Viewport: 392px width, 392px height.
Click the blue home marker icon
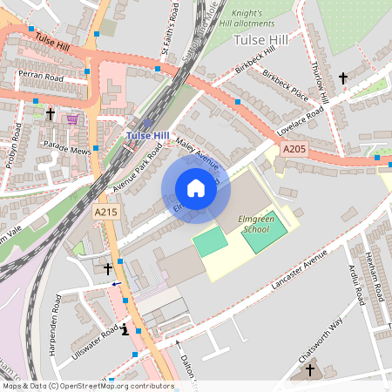coord(196,187)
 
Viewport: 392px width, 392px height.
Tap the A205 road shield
coord(295,150)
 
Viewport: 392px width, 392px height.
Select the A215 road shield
coord(105,212)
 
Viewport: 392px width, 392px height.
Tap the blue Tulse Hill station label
coord(147,135)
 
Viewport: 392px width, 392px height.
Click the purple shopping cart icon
coord(72,118)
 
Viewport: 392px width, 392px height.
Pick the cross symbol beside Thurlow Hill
coord(342,78)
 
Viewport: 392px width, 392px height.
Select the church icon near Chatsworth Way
coord(309,370)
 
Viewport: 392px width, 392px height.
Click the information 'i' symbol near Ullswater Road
coord(125,330)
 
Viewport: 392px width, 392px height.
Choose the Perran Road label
coord(42,78)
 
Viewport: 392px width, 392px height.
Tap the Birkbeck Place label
coord(285,87)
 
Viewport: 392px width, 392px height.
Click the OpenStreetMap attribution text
coord(87,386)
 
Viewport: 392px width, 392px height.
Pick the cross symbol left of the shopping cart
coord(50,113)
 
